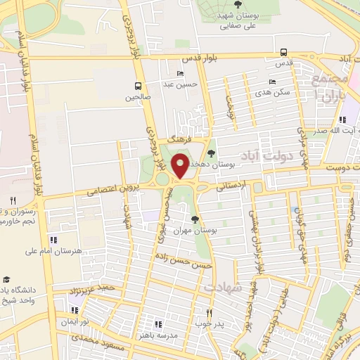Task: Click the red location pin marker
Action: coord(181,166)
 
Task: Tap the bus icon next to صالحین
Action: coord(139,87)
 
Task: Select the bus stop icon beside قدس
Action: coord(283,52)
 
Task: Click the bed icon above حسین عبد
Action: coord(181,74)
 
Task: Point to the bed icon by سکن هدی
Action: coord(272,82)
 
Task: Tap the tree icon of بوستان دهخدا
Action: coord(211,154)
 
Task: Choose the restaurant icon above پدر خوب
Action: coord(209,312)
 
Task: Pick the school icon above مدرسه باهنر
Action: coord(157,324)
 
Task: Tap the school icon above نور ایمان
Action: coord(73,311)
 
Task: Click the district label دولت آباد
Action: coord(263,155)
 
